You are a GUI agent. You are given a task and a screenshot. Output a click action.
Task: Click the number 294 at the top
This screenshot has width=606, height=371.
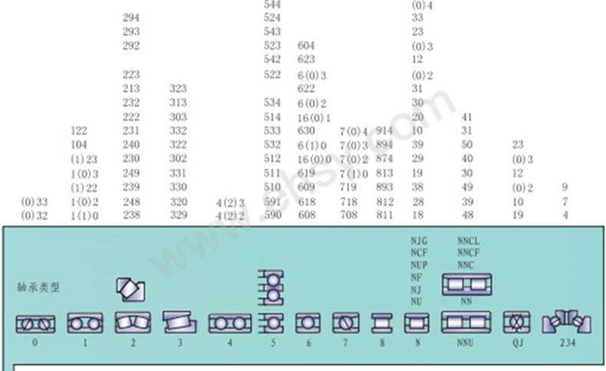tap(131, 18)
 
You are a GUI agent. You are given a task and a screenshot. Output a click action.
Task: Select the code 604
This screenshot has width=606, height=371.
tap(306, 46)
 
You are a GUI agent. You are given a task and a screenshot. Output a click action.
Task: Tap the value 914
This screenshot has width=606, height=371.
tap(384, 131)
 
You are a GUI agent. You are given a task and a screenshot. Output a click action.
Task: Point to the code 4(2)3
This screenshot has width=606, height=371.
tap(229, 202)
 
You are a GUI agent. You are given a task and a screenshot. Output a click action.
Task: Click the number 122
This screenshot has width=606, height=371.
tap(79, 131)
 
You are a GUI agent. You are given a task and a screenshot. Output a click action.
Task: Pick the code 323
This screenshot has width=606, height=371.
tap(178, 89)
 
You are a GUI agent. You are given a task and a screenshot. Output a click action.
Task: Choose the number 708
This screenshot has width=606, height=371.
tap(348, 216)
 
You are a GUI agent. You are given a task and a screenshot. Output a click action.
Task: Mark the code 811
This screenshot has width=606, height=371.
tap(384, 216)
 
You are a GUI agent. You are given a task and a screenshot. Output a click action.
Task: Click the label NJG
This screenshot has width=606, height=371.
tap(418, 241)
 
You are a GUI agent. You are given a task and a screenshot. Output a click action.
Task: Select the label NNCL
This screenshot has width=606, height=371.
tap(468, 241)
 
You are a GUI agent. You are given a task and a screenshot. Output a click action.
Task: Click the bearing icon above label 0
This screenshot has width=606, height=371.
tap(35, 323)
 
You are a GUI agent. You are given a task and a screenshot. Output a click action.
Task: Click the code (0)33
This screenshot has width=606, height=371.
tap(35, 202)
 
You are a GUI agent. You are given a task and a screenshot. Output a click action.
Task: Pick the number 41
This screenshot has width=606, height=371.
tap(466, 117)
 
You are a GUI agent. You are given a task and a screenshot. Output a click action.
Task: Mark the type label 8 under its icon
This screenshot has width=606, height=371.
tap(382, 343)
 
